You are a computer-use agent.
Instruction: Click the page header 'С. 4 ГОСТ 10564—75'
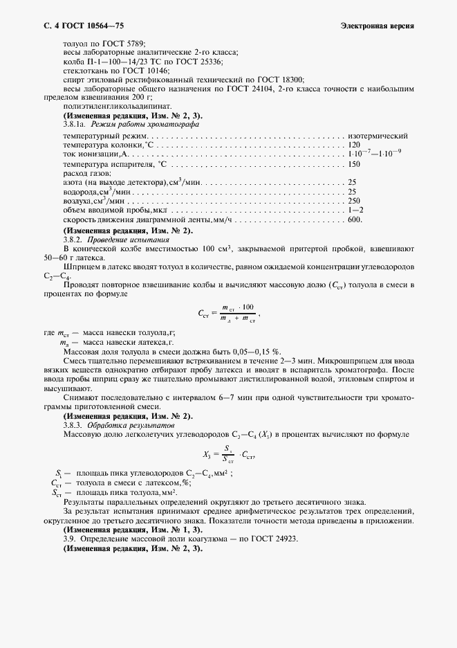pos(79,26)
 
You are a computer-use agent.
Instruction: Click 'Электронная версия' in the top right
pos(377,26)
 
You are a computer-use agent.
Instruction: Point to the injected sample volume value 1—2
pos(356,210)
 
